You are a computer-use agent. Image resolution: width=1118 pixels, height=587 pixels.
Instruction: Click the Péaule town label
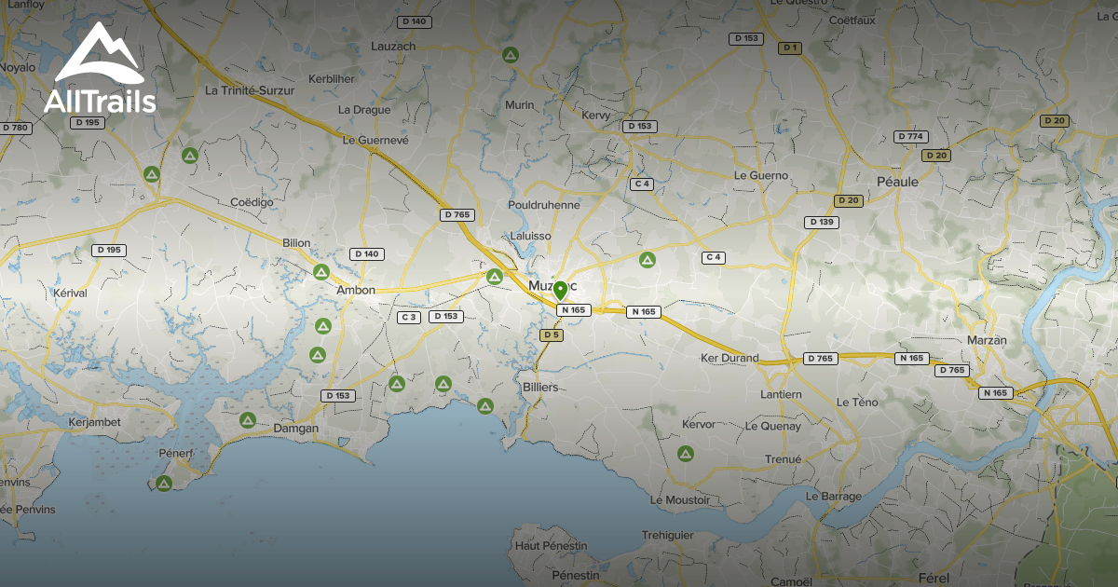click(897, 182)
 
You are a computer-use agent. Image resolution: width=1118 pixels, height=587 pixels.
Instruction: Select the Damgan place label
click(295, 429)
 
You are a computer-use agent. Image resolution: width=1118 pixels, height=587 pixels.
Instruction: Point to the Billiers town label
click(540, 386)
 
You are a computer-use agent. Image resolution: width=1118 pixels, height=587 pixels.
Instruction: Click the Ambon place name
click(356, 290)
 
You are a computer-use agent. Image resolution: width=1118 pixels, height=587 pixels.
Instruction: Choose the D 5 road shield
click(552, 334)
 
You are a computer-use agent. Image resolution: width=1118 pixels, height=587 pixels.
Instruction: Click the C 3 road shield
click(408, 317)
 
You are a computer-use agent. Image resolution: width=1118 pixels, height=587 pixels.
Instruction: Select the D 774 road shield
click(911, 136)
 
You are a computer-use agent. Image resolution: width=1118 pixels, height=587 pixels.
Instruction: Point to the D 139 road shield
click(822, 222)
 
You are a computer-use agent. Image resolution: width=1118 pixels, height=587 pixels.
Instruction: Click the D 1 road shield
click(790, 47)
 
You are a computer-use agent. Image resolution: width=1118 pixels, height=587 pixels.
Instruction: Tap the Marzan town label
click(988, 340)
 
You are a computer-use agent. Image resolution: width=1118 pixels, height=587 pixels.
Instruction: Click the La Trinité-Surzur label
click(250, 90)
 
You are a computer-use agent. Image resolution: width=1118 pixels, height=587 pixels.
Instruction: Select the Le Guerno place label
click(761, 175)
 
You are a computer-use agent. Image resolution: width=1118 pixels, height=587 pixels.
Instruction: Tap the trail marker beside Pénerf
click(164, 483)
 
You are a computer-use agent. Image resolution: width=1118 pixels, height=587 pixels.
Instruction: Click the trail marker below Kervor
click(686, 454)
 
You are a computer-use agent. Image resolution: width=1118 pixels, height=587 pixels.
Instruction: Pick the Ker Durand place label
click(729, 358)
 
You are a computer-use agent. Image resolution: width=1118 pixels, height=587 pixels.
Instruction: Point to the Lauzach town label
click(393, 46)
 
